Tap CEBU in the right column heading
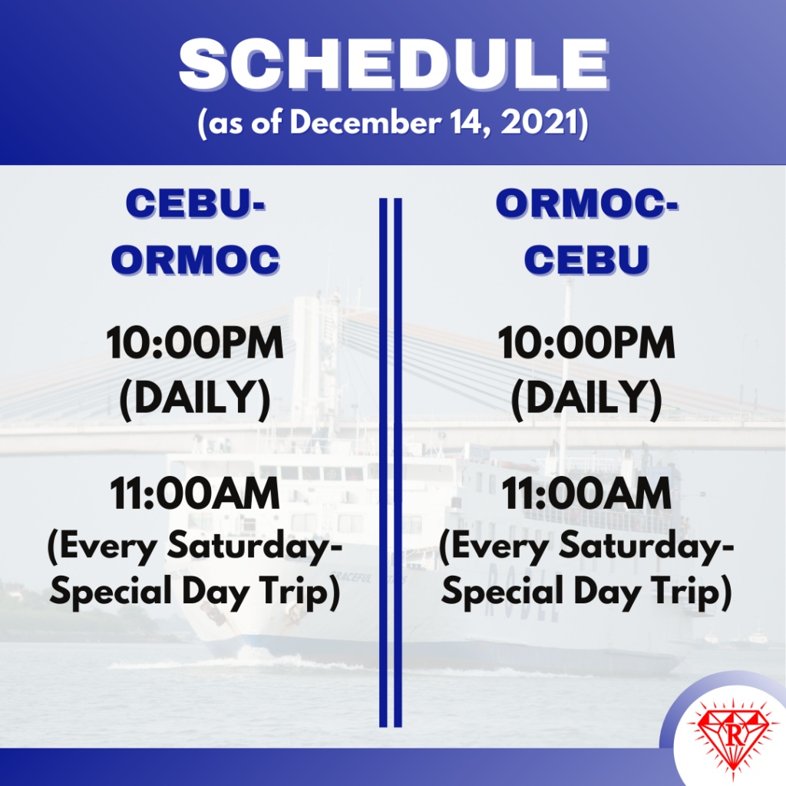point(587,260)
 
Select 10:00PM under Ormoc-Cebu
point(587,345)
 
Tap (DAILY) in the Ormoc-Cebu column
point(587,398)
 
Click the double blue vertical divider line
point(391,461)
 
